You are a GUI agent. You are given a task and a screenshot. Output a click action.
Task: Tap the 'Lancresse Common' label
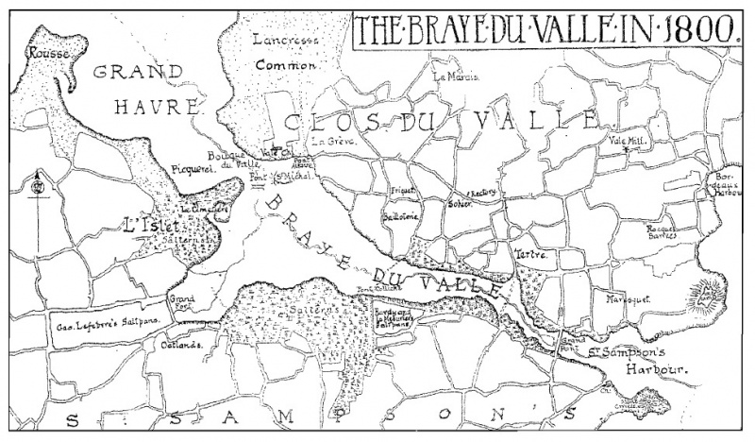click(x=286, y=52)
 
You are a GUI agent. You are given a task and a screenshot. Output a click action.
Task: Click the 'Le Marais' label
click(x=456, y=77)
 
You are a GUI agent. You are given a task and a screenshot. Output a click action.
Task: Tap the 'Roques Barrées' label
click(x=661, y=231)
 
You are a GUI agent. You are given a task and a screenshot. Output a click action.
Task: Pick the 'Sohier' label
click(x=460, y=203)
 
